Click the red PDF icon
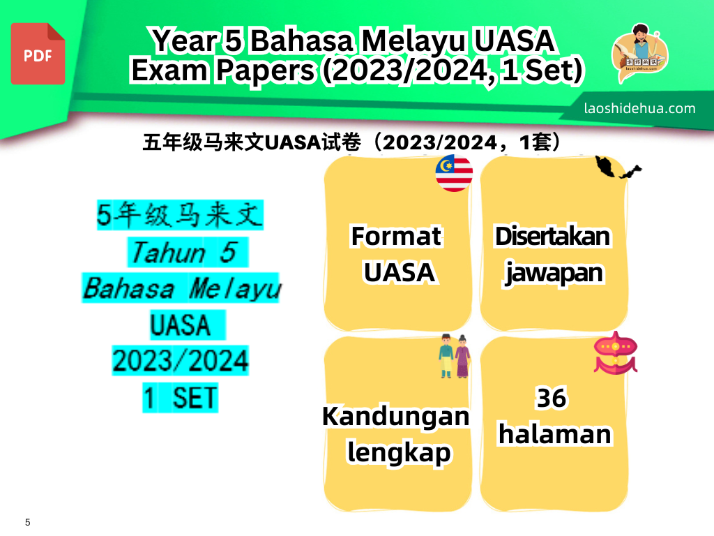tap(38, 54)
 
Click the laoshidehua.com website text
tap(640, 108)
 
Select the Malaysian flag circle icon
tap(454, 172)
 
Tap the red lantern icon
tap(615, 353)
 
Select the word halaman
tap(554, 434)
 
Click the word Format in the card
tap(396, 236)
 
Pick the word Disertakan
tap(552, 237)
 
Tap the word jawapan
tap(554, 272)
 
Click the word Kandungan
tap(395, 417)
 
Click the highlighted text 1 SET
tap(180, 399)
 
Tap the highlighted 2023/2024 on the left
tap(180, 362)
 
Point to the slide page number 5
tap(28, 522)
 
